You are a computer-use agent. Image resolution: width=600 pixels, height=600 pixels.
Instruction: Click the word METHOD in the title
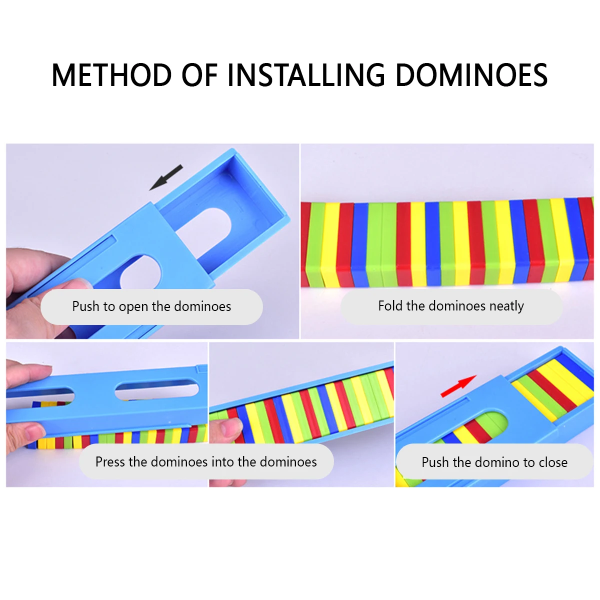coord(111,75)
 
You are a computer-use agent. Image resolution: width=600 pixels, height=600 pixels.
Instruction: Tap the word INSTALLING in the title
coord(306,75)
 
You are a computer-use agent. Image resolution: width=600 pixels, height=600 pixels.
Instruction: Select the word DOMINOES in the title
coord(471,75)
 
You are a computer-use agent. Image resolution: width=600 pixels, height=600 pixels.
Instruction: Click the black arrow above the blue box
coord(166,177)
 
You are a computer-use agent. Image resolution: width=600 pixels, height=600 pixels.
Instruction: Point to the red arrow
coord(458,386)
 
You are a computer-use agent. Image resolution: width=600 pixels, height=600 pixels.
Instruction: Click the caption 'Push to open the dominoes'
coord(151,306)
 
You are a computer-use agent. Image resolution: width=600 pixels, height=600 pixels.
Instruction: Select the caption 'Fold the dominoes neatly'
coord(451,306)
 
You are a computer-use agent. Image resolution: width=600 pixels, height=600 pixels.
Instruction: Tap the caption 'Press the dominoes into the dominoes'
coord(206,461)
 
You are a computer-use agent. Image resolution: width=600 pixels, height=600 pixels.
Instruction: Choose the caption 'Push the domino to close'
coord(494,462)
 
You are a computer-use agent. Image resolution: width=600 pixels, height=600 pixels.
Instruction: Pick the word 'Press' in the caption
coord(110,461)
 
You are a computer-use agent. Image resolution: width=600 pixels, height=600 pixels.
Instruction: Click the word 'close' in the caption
coord(553,462)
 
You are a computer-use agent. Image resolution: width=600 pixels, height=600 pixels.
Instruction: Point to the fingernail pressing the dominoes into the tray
coord(231,426)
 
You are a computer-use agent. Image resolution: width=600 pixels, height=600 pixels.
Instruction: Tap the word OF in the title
coord(199,75)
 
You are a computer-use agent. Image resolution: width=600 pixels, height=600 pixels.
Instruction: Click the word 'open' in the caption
coord(133,307)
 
